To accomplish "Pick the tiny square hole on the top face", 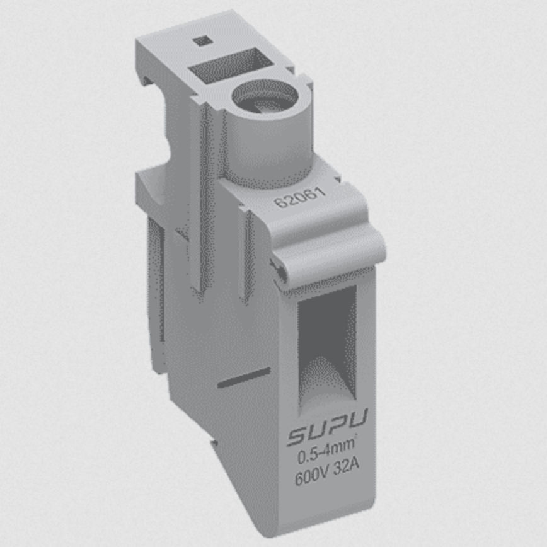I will [x=201, y=42].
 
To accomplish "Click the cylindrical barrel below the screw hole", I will [x=265, y=145].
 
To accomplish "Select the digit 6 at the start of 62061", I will [x=278, y=204].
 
